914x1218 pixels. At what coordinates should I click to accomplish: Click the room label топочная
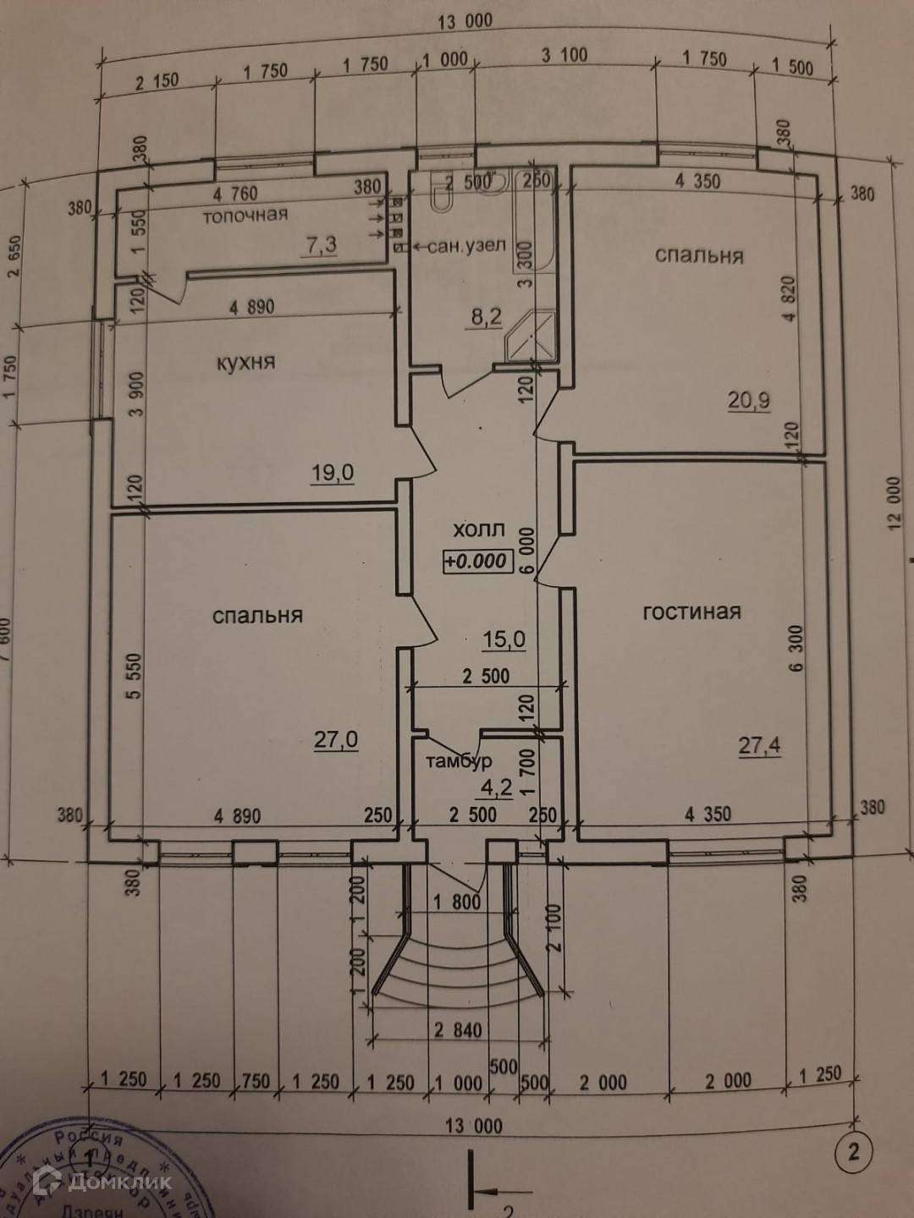[x=245, y=216]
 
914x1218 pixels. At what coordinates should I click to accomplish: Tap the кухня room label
[x=245, y=363]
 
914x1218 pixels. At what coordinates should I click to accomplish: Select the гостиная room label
[x=691, y=612]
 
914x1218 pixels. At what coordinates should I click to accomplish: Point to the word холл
[x=479, y=530]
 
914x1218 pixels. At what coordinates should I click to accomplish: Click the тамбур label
[x=458, y=761]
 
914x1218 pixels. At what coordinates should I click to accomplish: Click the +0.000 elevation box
[x=477, y=561]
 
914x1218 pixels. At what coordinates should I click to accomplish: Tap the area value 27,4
[x=759, y=745]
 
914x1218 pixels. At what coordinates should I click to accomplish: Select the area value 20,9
[x=749, y=399]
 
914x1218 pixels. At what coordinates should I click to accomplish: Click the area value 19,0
[x=332, y=473]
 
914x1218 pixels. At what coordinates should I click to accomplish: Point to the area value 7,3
[x=321, y=245]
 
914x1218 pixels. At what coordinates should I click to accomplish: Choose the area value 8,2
[x=486, y=317]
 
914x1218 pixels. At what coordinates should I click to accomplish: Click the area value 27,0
[x=336, y=740]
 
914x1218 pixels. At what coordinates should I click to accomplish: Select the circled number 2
[x=852, y=1151]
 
